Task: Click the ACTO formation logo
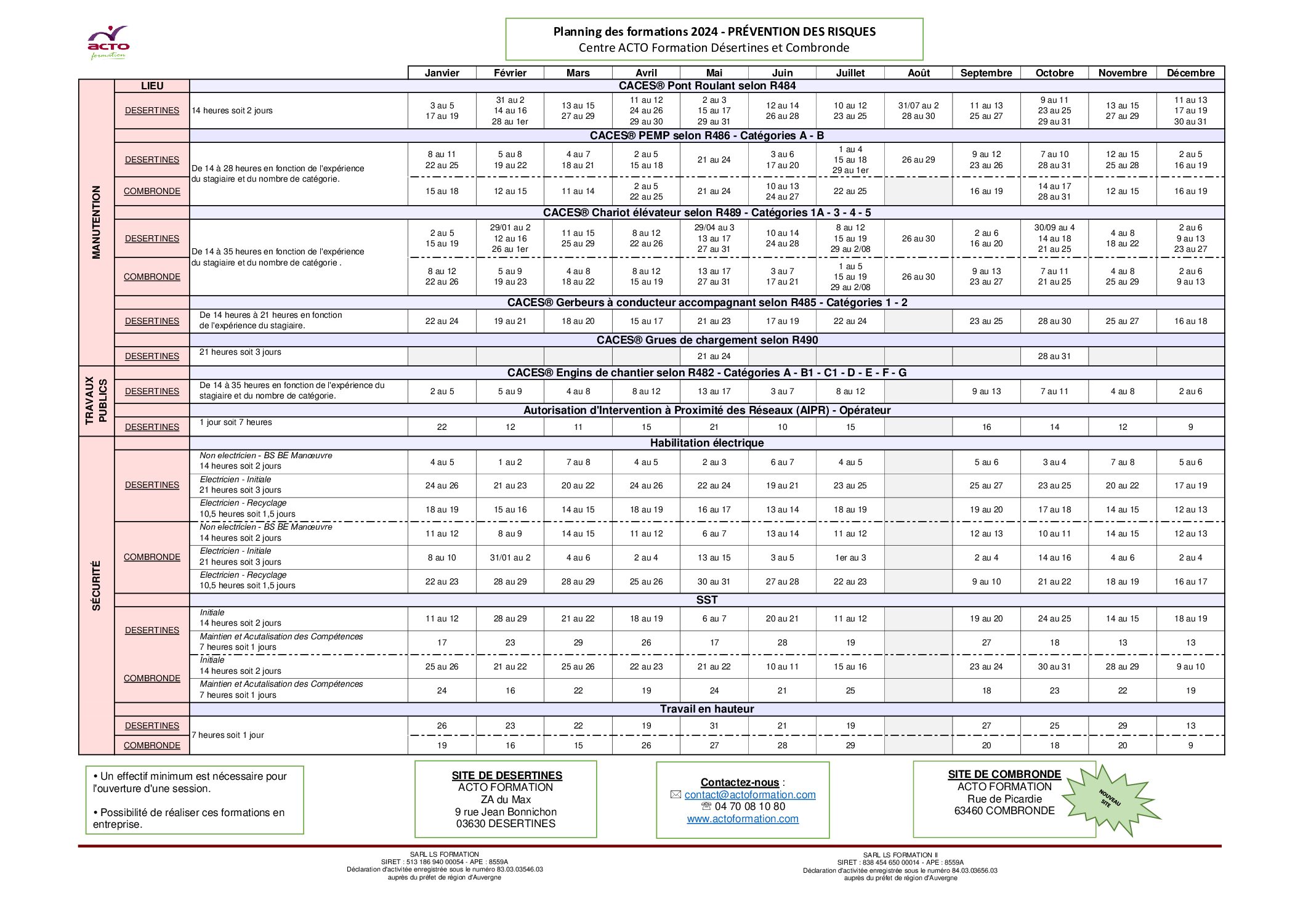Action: click(x=108, y=42)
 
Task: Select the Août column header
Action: click(x=918, y=73)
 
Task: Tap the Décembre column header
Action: click(x=1190, y=73)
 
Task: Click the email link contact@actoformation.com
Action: click(x=749, y=795)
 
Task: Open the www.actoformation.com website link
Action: click(x=743, y=819)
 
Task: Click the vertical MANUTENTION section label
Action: click(x=96, y=222)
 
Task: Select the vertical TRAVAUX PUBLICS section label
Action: click(x=96, y=401)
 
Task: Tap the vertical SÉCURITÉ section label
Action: click(x=96, y=585)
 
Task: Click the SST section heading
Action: click(x=706, y=600)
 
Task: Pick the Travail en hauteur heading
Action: click(x=706, y=709)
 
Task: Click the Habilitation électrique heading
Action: click(x=706, y=443)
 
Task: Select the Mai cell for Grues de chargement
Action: click(x=714, y=356)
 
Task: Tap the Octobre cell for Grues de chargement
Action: click(x=1054, y=356)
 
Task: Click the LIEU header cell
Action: click(x=152, y=86)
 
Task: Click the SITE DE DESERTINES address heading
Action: click(x=507, y=775)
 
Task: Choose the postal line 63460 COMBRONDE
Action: click(x=1004, y=811)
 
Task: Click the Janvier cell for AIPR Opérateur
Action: click(x=442, y=427)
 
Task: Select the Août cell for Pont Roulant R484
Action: click(x=918, y=110)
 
